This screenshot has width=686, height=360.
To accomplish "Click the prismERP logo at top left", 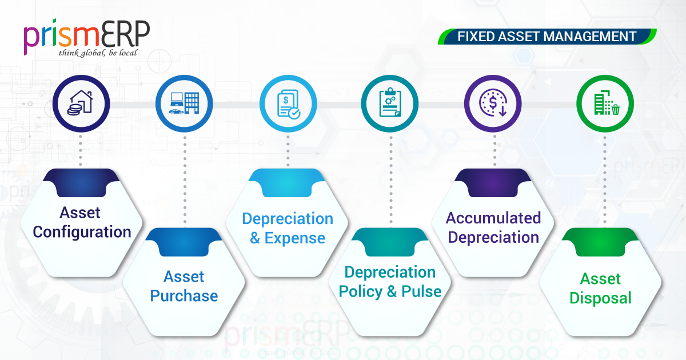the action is [x=87, y=37].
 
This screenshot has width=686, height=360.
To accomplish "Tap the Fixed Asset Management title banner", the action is [x=547, y=37].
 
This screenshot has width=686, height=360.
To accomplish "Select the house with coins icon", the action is [x=81, y=103].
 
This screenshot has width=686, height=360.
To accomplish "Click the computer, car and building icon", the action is [x=184, y=103].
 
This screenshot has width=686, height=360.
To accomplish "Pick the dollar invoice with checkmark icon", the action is [x=288, y=104].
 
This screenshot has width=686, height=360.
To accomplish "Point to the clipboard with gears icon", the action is [x=390, y=102].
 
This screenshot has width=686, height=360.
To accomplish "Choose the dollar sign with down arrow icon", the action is [x=493, y=103].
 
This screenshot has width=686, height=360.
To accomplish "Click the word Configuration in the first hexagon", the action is [x=82, y=233].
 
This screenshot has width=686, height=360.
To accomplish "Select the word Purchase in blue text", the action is [x=184, y=296].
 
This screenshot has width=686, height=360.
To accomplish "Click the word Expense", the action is [x=294, y=238].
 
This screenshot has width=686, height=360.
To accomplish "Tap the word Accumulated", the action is [x=493, y=218].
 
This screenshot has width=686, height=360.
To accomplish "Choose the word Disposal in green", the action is [x=601, y=298].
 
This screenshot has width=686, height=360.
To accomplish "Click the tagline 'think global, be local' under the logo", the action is [x=98, y=53].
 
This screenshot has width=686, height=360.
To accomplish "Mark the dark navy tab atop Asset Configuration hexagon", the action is [x=81, y=182].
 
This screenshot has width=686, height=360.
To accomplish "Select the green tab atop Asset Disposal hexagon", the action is [x=600, y=242].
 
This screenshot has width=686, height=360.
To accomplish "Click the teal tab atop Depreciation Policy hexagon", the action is [x=390, y=242].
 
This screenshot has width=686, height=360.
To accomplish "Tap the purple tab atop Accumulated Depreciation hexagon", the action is [x=493, y=182].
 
